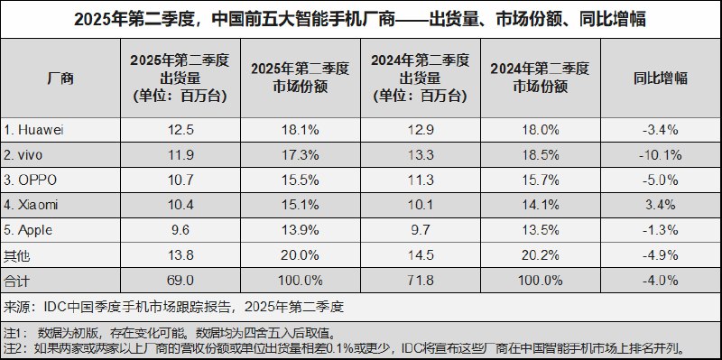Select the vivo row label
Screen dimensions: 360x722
(x=30, y=155)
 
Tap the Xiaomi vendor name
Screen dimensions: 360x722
(x=34, y=205)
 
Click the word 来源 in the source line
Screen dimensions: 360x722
(x=17, y=305)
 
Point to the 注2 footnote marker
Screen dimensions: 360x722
(x=15, y=346)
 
